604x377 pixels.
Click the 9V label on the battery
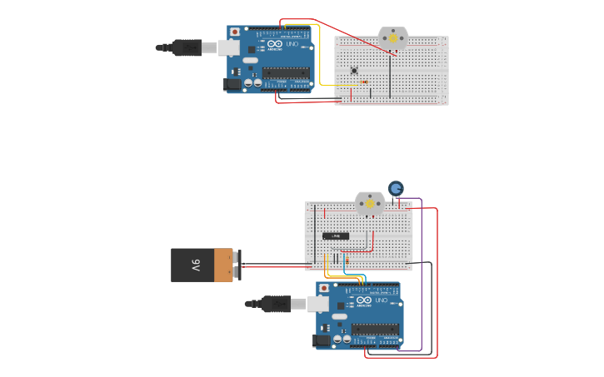[x=196, y=265]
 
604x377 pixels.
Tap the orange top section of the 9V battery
[x=223, y=265]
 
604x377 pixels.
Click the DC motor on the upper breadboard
[x=392, y=38]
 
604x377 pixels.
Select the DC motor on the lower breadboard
[x=369, y=204]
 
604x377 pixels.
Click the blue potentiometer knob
[x=396, y=189]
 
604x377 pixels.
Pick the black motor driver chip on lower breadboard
[x=336, y=236]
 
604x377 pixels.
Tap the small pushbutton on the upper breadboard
[x=354, y=70]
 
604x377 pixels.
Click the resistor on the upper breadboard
[x=364, y=82]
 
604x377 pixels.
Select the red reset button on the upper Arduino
[x=235, y=32]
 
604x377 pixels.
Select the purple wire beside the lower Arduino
[x=422, y=275]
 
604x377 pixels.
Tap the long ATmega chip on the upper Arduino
[x=286, y=73]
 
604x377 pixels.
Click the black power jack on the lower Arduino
[x=322, y=340]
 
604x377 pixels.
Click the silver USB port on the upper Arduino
[x=229, y=47]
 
